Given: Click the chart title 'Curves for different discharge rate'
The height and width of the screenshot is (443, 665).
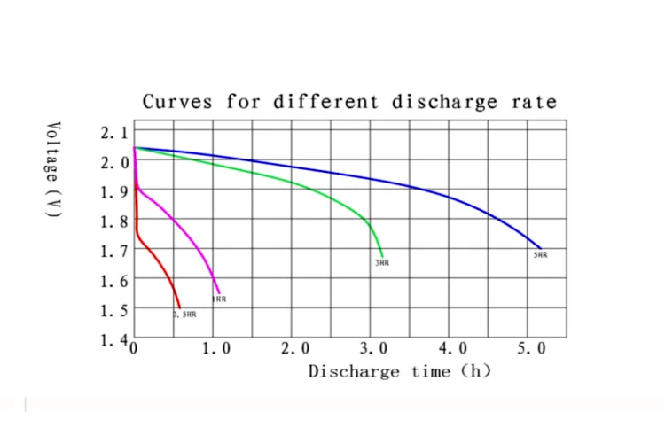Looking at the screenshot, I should [x=349, y=102].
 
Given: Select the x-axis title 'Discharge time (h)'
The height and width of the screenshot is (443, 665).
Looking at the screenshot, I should [x=399, y=371].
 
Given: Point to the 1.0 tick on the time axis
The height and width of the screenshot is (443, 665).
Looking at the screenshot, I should [x=216, y=349].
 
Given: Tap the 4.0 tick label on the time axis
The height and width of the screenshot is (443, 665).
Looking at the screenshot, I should [x=452, y=349].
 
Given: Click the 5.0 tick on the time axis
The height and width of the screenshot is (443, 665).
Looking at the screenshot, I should [x=531, y=349].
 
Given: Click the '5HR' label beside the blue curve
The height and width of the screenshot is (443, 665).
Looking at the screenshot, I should [x=540, y=255].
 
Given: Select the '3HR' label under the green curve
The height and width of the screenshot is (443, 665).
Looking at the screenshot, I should [x=381, y=263].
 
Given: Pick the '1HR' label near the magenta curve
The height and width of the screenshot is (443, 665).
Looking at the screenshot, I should [x=219, y=299].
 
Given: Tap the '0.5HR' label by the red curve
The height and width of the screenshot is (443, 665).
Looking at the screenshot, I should [x=185, y=315].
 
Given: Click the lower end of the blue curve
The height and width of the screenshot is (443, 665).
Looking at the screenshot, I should [x=540, y=247].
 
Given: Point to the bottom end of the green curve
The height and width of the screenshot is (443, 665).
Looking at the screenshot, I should [x=382, y=254].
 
